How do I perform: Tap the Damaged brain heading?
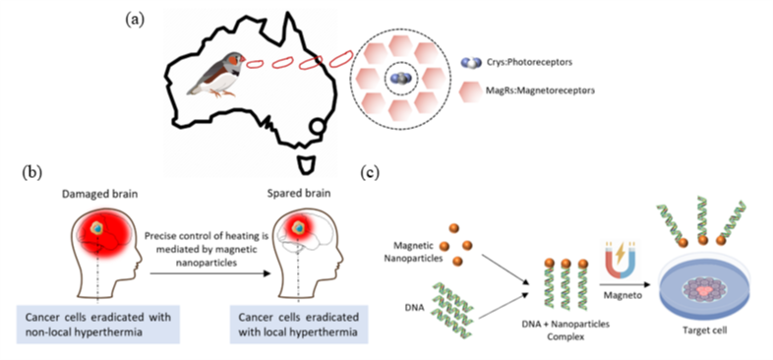[x=99, y=195]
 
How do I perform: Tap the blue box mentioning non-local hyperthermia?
[x=97, y=324]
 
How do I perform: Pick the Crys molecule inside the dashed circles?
[x=401, y=78]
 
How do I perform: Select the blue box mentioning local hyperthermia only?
[x=299, y=324]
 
